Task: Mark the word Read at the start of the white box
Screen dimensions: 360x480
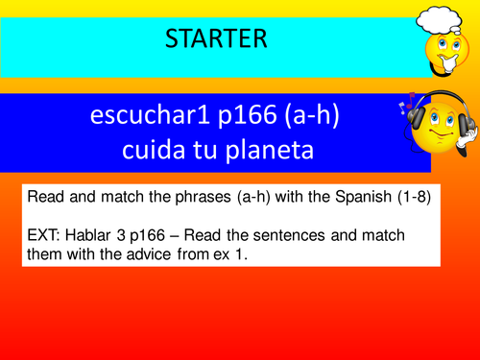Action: pos(46,196)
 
